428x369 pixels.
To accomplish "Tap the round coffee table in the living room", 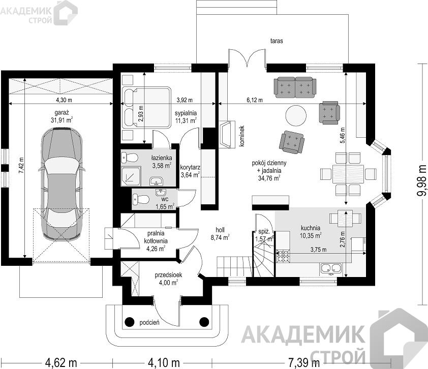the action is tap(296, 115).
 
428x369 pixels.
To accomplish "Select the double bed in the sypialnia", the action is tap(146, 108).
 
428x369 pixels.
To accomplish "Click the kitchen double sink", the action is tap(331, 268).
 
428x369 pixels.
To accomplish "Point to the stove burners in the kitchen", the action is tap(283, 256).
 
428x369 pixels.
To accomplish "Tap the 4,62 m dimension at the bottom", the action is tap(61, 363).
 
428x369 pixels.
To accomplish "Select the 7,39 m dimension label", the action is tap(304, 363).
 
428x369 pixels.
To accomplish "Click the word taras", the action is tap(277, 41).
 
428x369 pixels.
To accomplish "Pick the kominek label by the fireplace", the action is tap(241, 136).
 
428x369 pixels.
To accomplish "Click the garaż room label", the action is tap(62, 112).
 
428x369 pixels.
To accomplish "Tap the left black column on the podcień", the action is tap(130, 322).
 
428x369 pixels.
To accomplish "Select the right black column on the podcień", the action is tap(204, 322).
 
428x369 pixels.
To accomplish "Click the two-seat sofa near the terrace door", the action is tap(295, 87).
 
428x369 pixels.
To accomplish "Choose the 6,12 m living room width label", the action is tap(255, 100).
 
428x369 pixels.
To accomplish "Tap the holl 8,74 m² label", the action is tap(220, 234).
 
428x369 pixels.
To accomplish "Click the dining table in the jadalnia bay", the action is tap(348, 174).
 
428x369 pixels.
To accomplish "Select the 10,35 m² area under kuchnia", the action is tap(311, 235).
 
